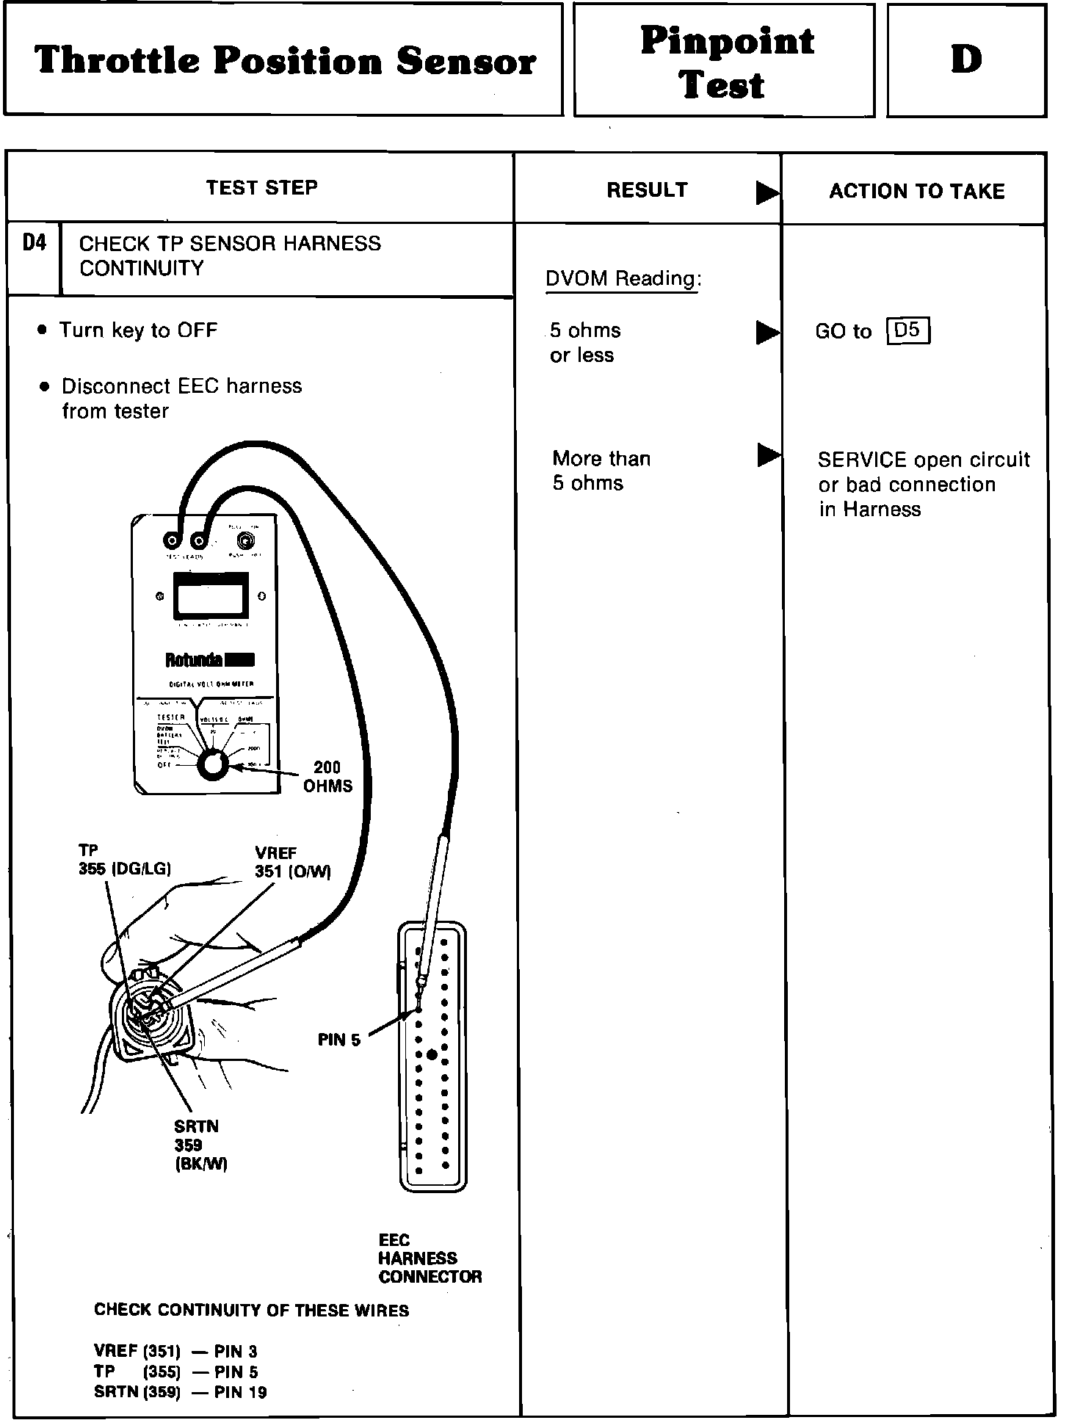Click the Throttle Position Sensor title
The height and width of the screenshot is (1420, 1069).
[x=285, y=60]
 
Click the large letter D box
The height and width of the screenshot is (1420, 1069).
[x=966, y=60]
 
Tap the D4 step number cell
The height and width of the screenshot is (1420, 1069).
[x=34, y=243]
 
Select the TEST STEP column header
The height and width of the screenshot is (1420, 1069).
[x=261, y=188]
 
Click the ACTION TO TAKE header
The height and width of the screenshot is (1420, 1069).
[x=916, y=192]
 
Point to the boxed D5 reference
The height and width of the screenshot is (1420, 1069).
[x=907, y=331]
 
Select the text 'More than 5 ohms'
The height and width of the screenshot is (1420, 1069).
[x=601, y=471]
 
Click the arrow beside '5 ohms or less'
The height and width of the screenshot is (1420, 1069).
[x=767, y=333]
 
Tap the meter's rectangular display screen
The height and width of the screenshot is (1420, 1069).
[x=209, y=596]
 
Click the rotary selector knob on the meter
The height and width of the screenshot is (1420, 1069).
[x=214, y=764]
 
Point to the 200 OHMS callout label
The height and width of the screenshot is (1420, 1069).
[x=327, y=776]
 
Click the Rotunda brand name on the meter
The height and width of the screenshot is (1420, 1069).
[x=193, y=660]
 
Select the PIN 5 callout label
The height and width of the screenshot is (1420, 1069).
[x=339, y=1040]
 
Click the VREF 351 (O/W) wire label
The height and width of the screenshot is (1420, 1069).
[x=292, y=863]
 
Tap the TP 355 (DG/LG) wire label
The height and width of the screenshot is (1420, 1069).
[x=125, y=860]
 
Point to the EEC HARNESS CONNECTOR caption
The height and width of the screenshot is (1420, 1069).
[x=430, y=1258]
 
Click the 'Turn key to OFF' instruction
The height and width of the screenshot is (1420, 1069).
[x=138, y=330]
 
